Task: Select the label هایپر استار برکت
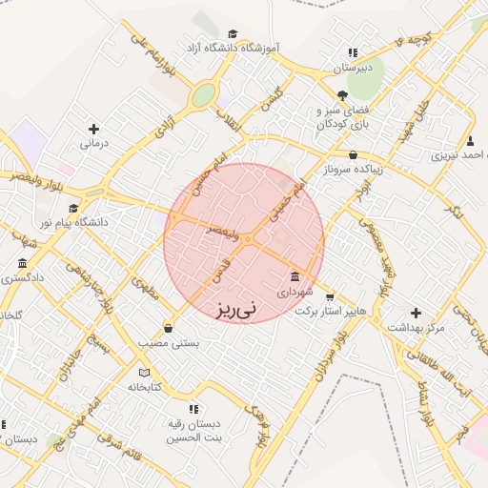point(330,312)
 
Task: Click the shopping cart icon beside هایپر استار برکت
point(330,296)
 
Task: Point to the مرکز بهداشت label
point(416,327)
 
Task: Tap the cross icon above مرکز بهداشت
point(416,312)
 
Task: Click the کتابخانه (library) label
point(145,387)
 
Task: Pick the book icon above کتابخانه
point(145,372)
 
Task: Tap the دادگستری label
point(24,278)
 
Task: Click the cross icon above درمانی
point(93,129)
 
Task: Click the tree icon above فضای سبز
point(342,94)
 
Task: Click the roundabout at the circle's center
point(245,239)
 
